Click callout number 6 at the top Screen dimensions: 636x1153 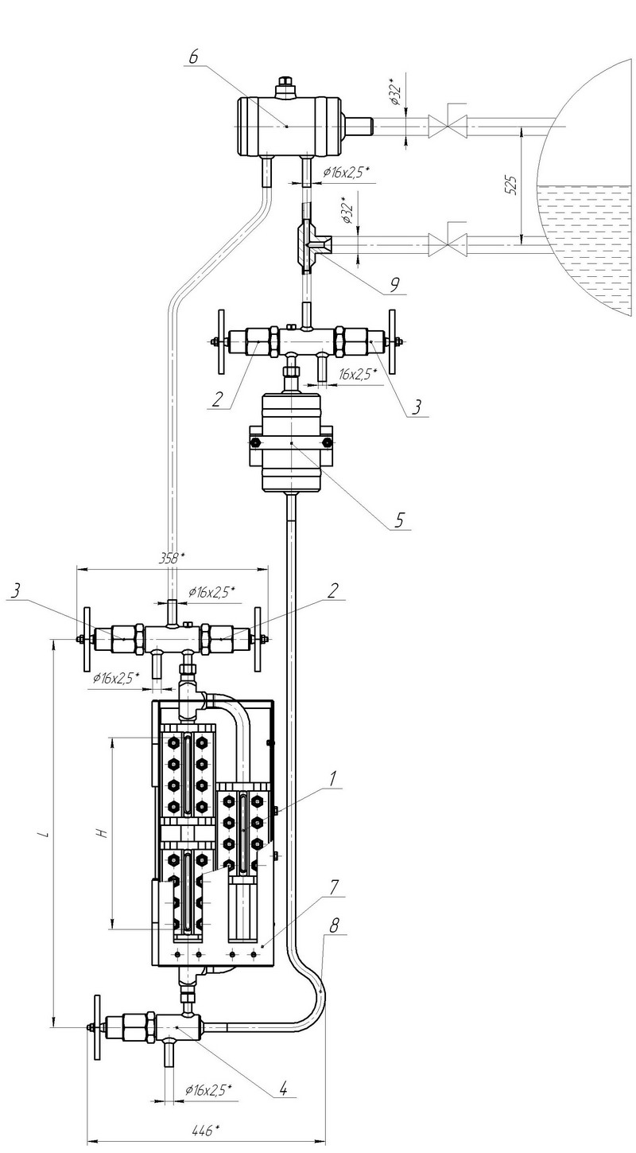click(x=193, y=56)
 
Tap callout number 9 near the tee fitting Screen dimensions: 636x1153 click(x=395, y=285)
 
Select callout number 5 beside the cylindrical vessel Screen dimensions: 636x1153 click(x=398, y=520)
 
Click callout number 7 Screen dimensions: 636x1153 click(x=334, y=887)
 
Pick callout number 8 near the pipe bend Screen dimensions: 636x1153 click(x=334, y=926)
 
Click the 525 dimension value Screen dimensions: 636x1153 click(x=511, y=185)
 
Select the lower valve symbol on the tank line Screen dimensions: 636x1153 click(x=448, y=245)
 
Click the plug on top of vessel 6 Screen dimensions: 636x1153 click(x=285, y=87)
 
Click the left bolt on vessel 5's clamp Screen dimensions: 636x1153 click(x=254, y=442)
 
